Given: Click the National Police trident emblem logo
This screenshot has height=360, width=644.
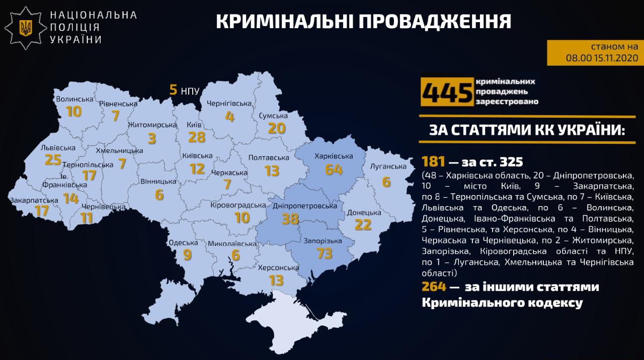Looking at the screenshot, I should [26, 27].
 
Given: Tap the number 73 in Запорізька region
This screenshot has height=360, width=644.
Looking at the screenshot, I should [325, 253].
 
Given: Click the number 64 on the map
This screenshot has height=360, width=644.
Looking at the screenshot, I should [334, 169].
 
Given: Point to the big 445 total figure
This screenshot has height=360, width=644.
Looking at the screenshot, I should [447, 93].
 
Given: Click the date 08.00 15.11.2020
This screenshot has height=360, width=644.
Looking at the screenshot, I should [602, 58].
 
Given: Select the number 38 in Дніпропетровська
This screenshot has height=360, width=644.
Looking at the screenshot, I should [291, 219].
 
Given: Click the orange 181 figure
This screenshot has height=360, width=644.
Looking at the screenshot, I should [434, 162].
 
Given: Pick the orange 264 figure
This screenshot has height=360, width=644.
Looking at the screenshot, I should [434, 287].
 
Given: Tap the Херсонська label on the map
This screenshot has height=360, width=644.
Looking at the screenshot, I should [278, 267].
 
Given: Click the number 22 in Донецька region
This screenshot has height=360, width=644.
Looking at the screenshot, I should [363, 225].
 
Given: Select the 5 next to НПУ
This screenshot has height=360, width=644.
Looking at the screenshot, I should [173, 90].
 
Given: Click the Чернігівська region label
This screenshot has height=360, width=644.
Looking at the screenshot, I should [229, 104].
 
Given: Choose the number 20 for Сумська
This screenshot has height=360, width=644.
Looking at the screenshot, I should [277, 128].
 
